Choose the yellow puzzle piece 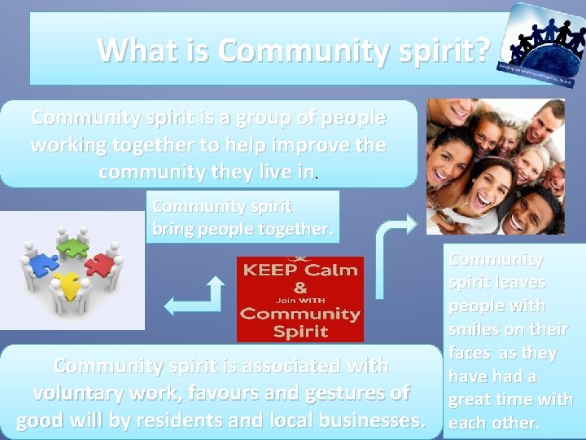click(x=69, y=285)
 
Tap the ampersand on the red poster click(x=300, y=288)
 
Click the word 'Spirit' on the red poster click(x=300, y=330)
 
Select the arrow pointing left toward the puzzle click(x=191, y=297)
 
